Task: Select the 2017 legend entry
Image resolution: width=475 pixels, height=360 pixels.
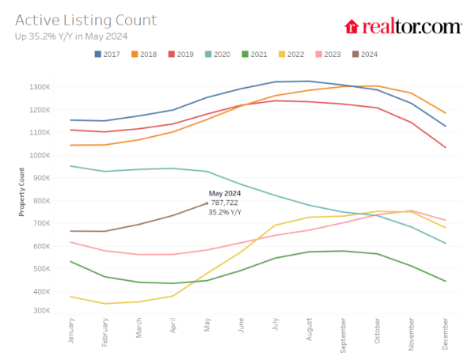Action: (x=108, y=55)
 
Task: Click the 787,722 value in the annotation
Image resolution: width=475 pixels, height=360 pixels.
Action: (x=225, y=202)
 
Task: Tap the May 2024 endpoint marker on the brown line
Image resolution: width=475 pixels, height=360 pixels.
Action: (x=207, y=203)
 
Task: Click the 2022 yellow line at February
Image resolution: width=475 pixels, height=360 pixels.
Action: (x=105, y=303)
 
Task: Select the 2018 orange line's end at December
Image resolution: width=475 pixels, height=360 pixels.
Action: (x=446, y=113)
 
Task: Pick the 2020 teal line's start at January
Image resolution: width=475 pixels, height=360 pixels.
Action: (x=71, y=166)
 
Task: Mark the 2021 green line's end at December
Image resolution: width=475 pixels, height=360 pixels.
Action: (x=446, y=281)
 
